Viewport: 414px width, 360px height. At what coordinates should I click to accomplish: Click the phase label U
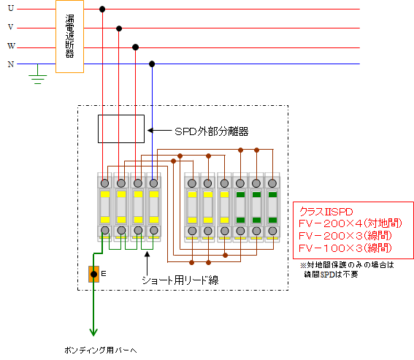[x=11, y=8]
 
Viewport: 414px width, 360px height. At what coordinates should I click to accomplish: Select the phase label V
[x=10, y=27]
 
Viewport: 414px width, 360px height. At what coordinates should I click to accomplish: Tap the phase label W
[x=11, y=46]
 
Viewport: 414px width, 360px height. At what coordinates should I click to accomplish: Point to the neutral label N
[x=11, y=64]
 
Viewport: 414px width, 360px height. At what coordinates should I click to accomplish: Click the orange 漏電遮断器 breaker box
[x=69, y=37]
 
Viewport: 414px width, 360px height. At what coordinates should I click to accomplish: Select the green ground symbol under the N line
[x=38, y=76]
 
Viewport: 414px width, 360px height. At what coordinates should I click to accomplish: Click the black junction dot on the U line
[x=102, y=9]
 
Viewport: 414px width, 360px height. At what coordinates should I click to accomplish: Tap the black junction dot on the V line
[x=119, y=28]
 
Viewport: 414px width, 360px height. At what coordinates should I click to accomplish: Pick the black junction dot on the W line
[x=136, y=47]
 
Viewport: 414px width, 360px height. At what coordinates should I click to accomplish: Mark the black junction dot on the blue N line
[x=152, y=64]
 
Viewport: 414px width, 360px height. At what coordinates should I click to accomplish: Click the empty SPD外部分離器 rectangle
[x=98, y=129]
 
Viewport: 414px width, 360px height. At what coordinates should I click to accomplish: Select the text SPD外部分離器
[x=212, y=131]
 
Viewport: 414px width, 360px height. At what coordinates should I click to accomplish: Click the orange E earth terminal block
[x=93, y=274]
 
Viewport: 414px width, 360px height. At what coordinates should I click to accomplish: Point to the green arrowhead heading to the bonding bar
[x=93, y=332]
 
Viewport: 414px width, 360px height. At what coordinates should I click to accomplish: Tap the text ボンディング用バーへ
[x=101, y=351]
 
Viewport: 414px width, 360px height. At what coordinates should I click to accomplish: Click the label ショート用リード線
[x=180, y=280]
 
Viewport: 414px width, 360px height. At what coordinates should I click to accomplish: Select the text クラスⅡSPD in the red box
[x=326, y=212]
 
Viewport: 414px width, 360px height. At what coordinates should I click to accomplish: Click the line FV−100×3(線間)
[x=345, y=248]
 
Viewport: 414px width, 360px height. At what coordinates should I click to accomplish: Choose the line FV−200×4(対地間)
[x=350, y=223]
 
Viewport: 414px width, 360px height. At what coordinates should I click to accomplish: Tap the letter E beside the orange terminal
[x=104, y=274]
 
